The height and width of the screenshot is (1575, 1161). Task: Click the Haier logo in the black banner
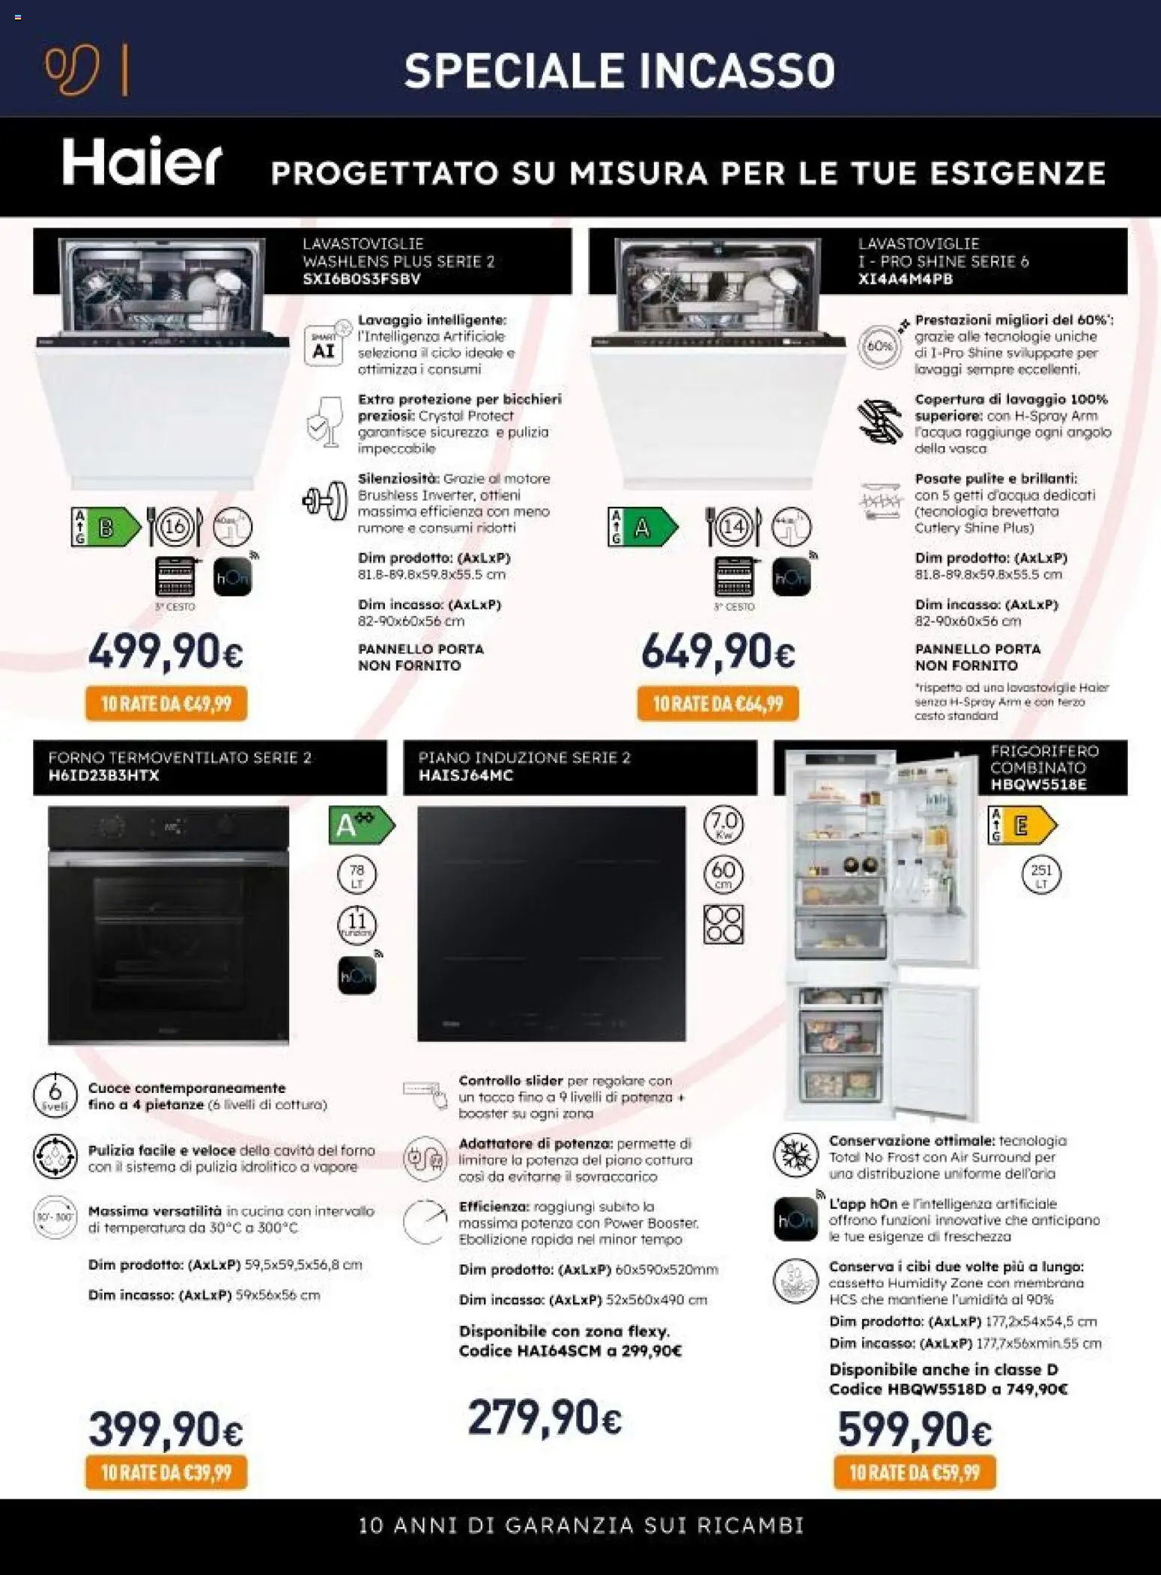[142, 164]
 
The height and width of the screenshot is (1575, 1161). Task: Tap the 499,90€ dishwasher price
[166, 652]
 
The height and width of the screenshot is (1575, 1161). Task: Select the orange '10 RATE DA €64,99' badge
[718, 704]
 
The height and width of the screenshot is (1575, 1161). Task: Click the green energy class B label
[106, 528]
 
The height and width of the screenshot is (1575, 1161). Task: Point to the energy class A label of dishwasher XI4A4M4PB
[643, 528]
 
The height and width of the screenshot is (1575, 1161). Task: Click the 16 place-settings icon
[175, 528]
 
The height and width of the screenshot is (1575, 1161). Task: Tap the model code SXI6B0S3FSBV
[362, 279]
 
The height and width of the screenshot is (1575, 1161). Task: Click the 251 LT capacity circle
[1040, 874]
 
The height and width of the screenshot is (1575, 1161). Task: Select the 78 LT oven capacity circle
[357, 874]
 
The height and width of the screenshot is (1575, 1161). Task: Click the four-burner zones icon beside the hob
[723, 924]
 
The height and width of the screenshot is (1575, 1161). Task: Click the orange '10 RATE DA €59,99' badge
[915, 1472]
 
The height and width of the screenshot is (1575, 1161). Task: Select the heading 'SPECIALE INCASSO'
[619, 70]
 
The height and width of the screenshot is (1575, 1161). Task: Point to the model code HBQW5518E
[1038, 785]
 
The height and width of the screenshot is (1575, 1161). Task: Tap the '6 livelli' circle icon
[55, 1095]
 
